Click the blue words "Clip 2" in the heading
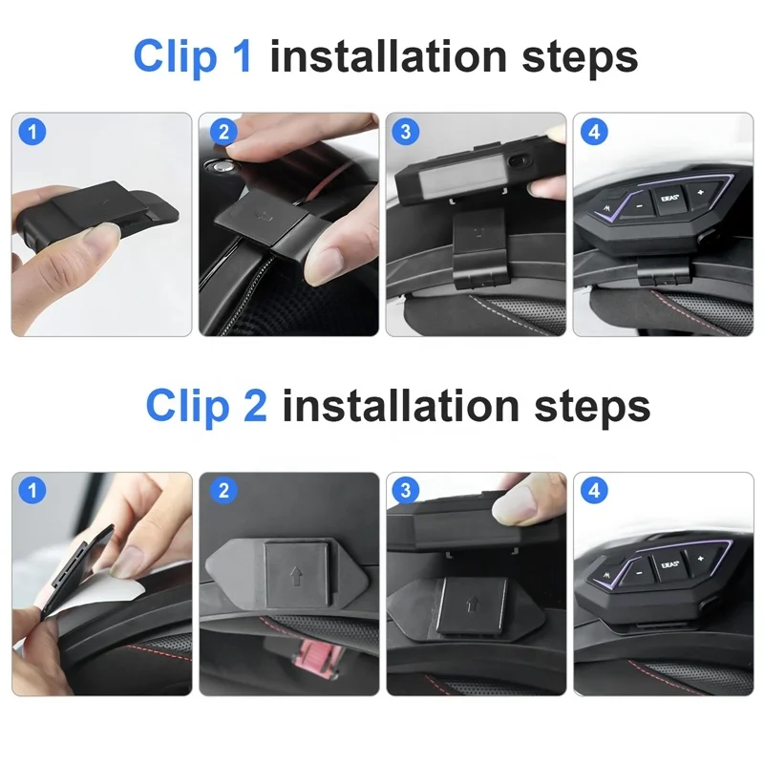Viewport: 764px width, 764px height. point(206,407)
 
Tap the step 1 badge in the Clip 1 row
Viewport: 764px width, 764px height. point(32,132)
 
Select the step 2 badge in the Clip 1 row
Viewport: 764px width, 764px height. point(223,132)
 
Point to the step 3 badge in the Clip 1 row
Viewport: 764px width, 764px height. point(405,132)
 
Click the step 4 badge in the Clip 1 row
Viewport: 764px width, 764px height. point(594,132)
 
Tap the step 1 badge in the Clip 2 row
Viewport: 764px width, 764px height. point(32,490)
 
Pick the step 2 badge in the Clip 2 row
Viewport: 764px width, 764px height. point(223,490)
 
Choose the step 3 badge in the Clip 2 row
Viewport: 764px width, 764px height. point(405,490)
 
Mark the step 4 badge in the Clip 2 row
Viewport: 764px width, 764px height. point(594,490)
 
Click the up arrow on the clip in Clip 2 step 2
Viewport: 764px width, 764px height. point(296,576)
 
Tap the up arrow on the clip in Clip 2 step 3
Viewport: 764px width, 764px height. point(472,605)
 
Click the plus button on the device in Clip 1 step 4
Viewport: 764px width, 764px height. point(702,193)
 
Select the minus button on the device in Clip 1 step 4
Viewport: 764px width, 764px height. point(639,205)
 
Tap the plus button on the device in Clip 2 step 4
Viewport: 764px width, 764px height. point(701,559)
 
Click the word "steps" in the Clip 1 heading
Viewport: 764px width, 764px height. point(580,58)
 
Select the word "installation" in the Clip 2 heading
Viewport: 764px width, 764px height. point(400,406)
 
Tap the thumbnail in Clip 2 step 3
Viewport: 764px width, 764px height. point(477,584)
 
